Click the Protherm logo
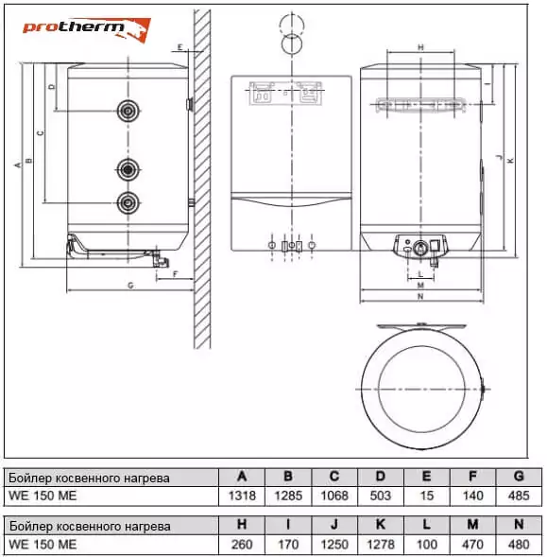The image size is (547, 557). (87, 29)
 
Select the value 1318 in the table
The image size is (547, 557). (242, 496)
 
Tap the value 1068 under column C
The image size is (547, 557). (334, 496)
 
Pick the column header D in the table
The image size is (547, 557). (380, 477)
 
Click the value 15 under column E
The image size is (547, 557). (426, 496)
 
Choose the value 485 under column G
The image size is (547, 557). (519, 496)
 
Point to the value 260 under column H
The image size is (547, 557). (242, 544)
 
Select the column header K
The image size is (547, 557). (380, 525)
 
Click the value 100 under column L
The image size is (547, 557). (426, 544)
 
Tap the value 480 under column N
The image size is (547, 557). (519, 544)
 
